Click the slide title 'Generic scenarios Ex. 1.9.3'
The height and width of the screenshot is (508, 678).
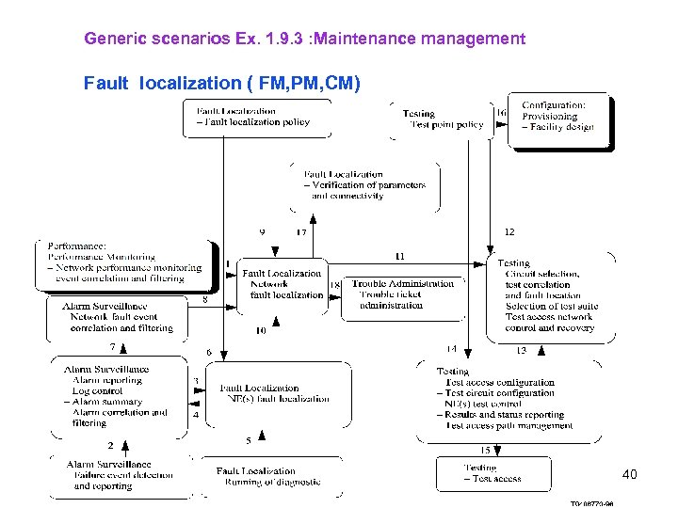(304, 39)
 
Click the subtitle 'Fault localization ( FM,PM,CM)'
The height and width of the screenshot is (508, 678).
(221, 83)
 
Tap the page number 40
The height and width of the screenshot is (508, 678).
(629, 474)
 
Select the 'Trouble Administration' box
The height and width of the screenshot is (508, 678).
(402, 294)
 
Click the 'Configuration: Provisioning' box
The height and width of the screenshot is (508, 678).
(559, 118)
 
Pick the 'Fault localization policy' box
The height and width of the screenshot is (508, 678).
(255, 117)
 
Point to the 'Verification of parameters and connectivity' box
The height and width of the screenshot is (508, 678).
(363, 185)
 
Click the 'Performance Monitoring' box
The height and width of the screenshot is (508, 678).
(125, 262)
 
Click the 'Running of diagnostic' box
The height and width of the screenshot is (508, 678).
(267, 477)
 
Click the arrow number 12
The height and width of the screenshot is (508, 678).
(509, 231)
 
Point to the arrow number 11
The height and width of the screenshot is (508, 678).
(400, 256)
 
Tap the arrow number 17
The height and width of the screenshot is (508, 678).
(301, 232)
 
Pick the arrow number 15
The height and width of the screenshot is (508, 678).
(485, 450)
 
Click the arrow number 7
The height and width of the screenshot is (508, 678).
(112, 347)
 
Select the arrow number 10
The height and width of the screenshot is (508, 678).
(261, 331)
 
